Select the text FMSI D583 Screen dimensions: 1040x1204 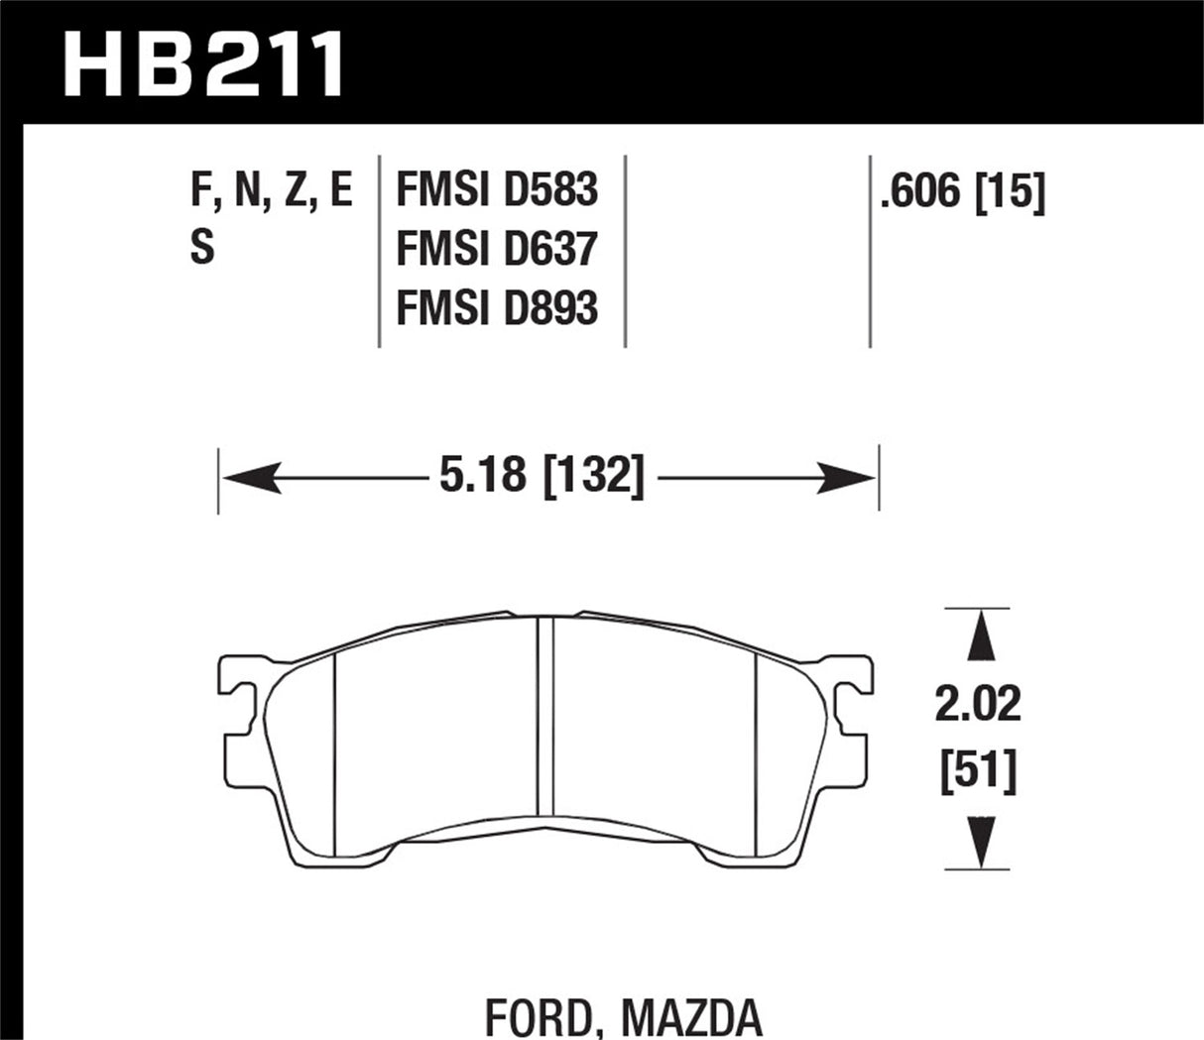(496, 189)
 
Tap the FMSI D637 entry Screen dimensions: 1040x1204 (496, 249)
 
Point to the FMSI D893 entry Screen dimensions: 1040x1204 (496, 308)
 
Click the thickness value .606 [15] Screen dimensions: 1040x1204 (961, 191)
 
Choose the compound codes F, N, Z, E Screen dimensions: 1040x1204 (271, 189)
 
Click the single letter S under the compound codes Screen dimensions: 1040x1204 (201, 249)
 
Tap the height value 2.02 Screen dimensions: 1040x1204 (976, 705)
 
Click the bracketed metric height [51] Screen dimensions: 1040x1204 (978, 770)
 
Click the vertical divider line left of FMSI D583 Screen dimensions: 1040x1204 (380, 250)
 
